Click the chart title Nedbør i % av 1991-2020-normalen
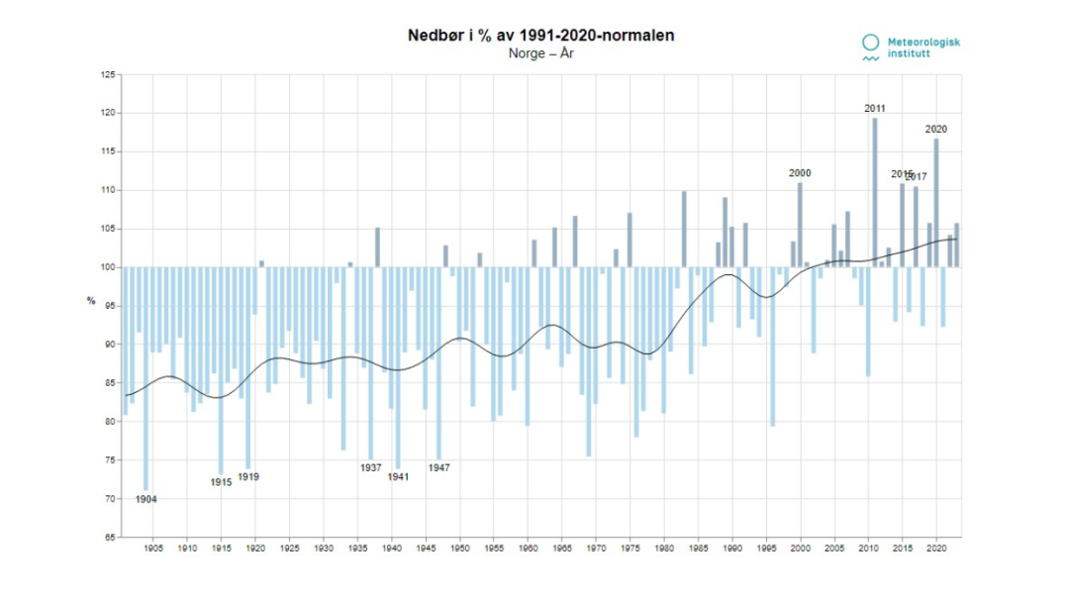click(x=541, y=36)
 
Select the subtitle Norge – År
click(x=541, y=53)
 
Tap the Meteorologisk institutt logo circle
click(x=870, y=43)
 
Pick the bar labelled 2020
click(x=936, y=203)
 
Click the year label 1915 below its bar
click(x=221, y=482)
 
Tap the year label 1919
click(x=248, y=476)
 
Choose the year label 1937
click(x=371, y=467)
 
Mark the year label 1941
click(x=398, y=476)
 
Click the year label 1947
click(x=439, y=467)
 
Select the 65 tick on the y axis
click(x=110, y=538)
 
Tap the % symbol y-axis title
click(x=91, y=300)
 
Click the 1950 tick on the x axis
click(x=460, y=547)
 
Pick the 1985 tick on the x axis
click(x=698, y=547)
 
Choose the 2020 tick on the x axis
click(x=936, y=547)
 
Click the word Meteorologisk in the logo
click(x=923, y=42)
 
